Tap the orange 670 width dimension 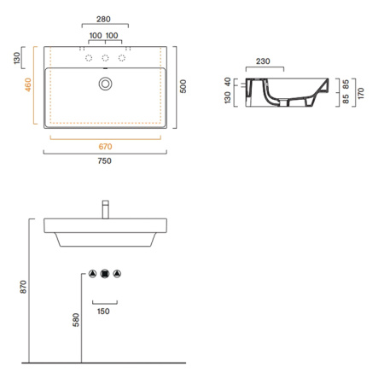(x=105, y=146)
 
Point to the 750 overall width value (x=105, y=161)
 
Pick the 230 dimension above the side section (x=264, y=61)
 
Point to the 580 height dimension (x=76, y=320)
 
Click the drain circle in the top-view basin (x=105, y=84)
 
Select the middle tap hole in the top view (x=105, y=58)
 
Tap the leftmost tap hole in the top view (x=87, y=58)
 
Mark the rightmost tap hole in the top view (x=122, y=58)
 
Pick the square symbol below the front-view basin (x=105, y=274)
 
